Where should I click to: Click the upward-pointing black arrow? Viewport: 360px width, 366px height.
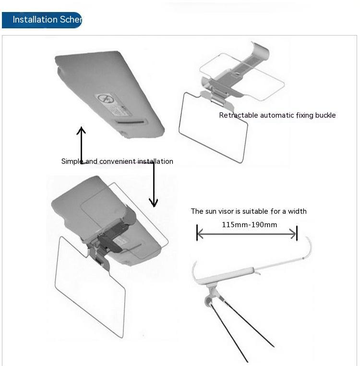click(x=82, y=144)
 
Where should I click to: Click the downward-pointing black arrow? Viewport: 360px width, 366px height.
click(x=154, y=185)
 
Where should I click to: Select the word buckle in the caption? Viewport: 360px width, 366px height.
click(x=324, y=115)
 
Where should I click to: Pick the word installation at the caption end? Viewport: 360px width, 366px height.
click(x=156, y=161)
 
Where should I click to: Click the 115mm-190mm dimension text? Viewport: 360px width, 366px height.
click(x=249, y=225)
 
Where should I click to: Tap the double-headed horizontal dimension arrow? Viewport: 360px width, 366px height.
click(x=247, y=234)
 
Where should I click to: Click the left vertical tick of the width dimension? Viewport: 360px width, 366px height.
click(x=197, y=233)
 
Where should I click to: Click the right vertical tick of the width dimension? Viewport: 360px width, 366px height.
click(x=297, y=233)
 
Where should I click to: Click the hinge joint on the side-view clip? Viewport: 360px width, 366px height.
click(x=210, y=301)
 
